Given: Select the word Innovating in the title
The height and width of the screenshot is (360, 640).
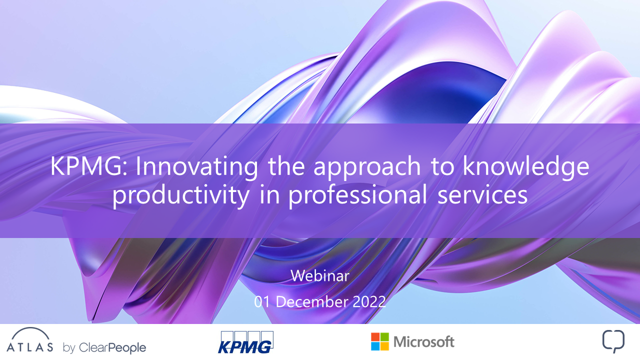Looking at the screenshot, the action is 197,168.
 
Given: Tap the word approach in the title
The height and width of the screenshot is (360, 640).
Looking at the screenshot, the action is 367,168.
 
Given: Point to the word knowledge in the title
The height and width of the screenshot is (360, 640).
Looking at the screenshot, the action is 526,168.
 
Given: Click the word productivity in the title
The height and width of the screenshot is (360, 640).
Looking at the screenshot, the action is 181,196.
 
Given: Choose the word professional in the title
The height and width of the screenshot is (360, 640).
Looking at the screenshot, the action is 357,196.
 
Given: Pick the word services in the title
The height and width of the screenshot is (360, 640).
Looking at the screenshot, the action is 482,195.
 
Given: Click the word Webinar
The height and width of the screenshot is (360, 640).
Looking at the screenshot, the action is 320,275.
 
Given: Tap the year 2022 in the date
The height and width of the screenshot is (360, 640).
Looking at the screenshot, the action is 369,301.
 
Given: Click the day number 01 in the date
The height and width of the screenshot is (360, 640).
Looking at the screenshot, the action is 262,301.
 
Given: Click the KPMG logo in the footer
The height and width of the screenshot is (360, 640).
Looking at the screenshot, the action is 245,342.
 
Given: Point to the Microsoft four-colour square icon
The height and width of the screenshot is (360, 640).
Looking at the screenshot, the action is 380,341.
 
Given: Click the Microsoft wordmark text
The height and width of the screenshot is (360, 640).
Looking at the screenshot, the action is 423,341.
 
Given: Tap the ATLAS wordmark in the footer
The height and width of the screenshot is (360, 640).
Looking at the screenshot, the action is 29,347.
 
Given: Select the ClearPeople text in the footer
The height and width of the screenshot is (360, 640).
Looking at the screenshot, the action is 112,347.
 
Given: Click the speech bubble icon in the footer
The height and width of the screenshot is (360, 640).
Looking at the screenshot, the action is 613,341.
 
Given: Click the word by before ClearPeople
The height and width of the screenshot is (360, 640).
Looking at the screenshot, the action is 69,348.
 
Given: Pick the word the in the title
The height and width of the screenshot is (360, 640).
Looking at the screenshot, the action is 286,166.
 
